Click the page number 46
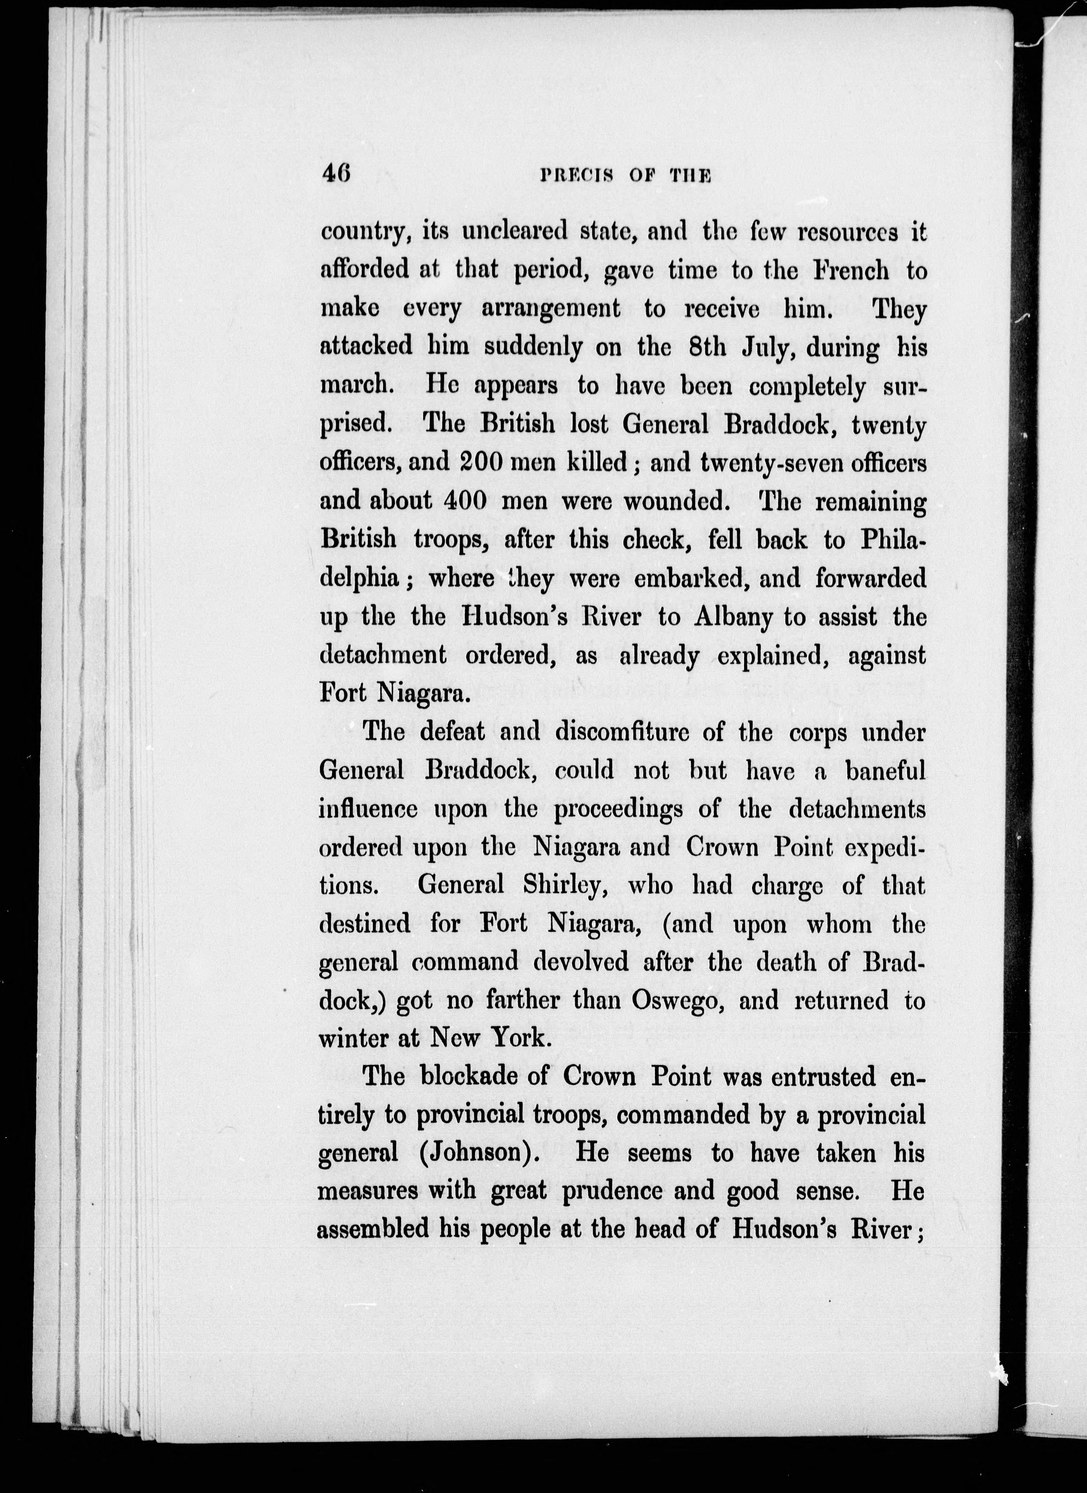(336, 175)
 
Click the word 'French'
(851, 270)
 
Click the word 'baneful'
(885, 770)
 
